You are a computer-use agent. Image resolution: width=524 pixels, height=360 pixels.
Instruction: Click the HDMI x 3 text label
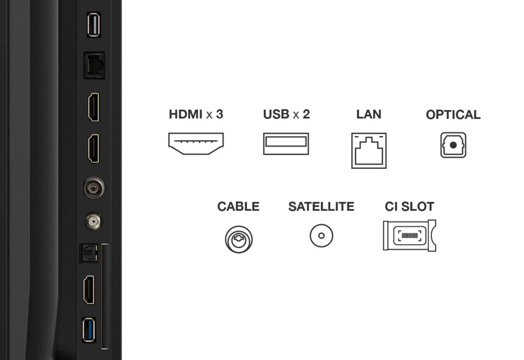coord(196,114)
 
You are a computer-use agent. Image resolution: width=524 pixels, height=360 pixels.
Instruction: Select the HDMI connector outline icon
coord(196,143)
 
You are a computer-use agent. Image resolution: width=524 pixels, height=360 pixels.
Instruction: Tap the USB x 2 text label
coord(286,114)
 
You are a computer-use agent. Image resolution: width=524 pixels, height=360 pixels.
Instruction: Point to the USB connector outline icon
coord(286,144)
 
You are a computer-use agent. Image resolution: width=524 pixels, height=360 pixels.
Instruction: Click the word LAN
coord(368,114)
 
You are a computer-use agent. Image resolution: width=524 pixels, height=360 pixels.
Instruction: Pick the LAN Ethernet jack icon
coord(368,150)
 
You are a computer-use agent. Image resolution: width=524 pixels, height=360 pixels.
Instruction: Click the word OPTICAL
coord(453,115)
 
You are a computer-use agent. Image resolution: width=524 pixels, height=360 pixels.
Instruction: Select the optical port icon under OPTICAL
coord(453,145)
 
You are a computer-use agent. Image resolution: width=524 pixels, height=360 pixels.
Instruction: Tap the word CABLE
coord(238,207)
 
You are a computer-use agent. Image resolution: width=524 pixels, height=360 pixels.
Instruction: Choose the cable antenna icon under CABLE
coord(238,239)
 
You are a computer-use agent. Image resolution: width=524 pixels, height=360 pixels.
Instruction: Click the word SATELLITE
coord(321,207)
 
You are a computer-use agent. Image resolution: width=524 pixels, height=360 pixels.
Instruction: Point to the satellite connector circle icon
coord(321,236)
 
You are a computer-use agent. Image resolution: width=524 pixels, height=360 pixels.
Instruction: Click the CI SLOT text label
coord(409,207)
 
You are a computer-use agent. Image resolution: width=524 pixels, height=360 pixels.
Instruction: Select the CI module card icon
coord(409,236)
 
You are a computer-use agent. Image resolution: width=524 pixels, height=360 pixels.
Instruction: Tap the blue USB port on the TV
coord(89,330)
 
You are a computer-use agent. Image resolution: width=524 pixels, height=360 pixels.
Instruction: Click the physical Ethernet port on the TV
coord(94,65)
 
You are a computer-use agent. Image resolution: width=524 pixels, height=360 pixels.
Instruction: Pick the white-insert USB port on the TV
coord(93,25)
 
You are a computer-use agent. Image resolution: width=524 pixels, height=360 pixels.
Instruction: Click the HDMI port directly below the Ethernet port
coord(93,107)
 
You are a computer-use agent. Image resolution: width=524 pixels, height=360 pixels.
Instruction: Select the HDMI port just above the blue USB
coord(89,289)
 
